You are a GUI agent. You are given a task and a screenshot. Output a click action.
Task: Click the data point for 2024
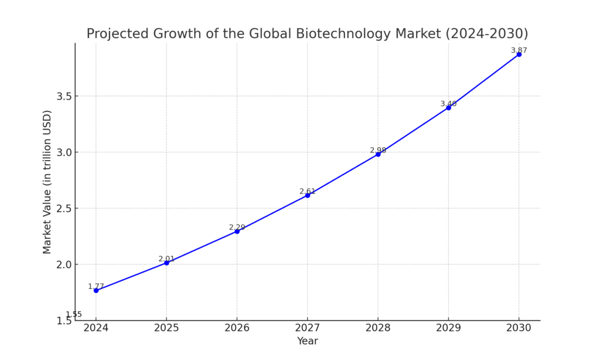pos(96,290)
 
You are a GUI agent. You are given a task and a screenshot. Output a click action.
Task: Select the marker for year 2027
pos(308,195)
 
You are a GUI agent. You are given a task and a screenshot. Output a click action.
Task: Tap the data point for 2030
pos(519,54)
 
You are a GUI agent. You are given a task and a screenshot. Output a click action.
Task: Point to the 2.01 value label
pos(166,259)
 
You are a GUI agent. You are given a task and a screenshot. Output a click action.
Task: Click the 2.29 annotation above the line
pos(237,227)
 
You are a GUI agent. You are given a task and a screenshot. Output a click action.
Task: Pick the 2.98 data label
pos(378,150)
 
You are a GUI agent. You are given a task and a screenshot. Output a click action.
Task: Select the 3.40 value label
pos(448,104)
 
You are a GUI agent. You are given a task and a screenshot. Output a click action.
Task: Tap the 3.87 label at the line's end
pos(519,50)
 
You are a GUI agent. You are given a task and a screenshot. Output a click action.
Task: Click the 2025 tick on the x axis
pos(166,328)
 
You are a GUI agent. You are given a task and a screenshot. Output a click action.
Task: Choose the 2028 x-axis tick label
pos(378,328)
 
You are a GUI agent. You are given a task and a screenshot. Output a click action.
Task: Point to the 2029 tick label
pos(448,328)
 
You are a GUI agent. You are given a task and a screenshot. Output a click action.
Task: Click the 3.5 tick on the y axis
pos(63,96)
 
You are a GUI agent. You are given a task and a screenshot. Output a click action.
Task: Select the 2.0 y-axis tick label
pos(63,264)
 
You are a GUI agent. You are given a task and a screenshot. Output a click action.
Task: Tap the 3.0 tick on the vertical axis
pos(63,152)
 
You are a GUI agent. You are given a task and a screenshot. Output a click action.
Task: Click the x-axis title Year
pos(307,341)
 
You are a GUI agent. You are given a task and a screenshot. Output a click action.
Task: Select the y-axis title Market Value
pos(47,182)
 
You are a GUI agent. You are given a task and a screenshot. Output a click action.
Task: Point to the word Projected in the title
pos(114,34)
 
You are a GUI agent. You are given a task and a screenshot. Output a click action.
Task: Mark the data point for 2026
pos(237,231)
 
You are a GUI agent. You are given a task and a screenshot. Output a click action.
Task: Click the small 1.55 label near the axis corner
pos(74,314)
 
